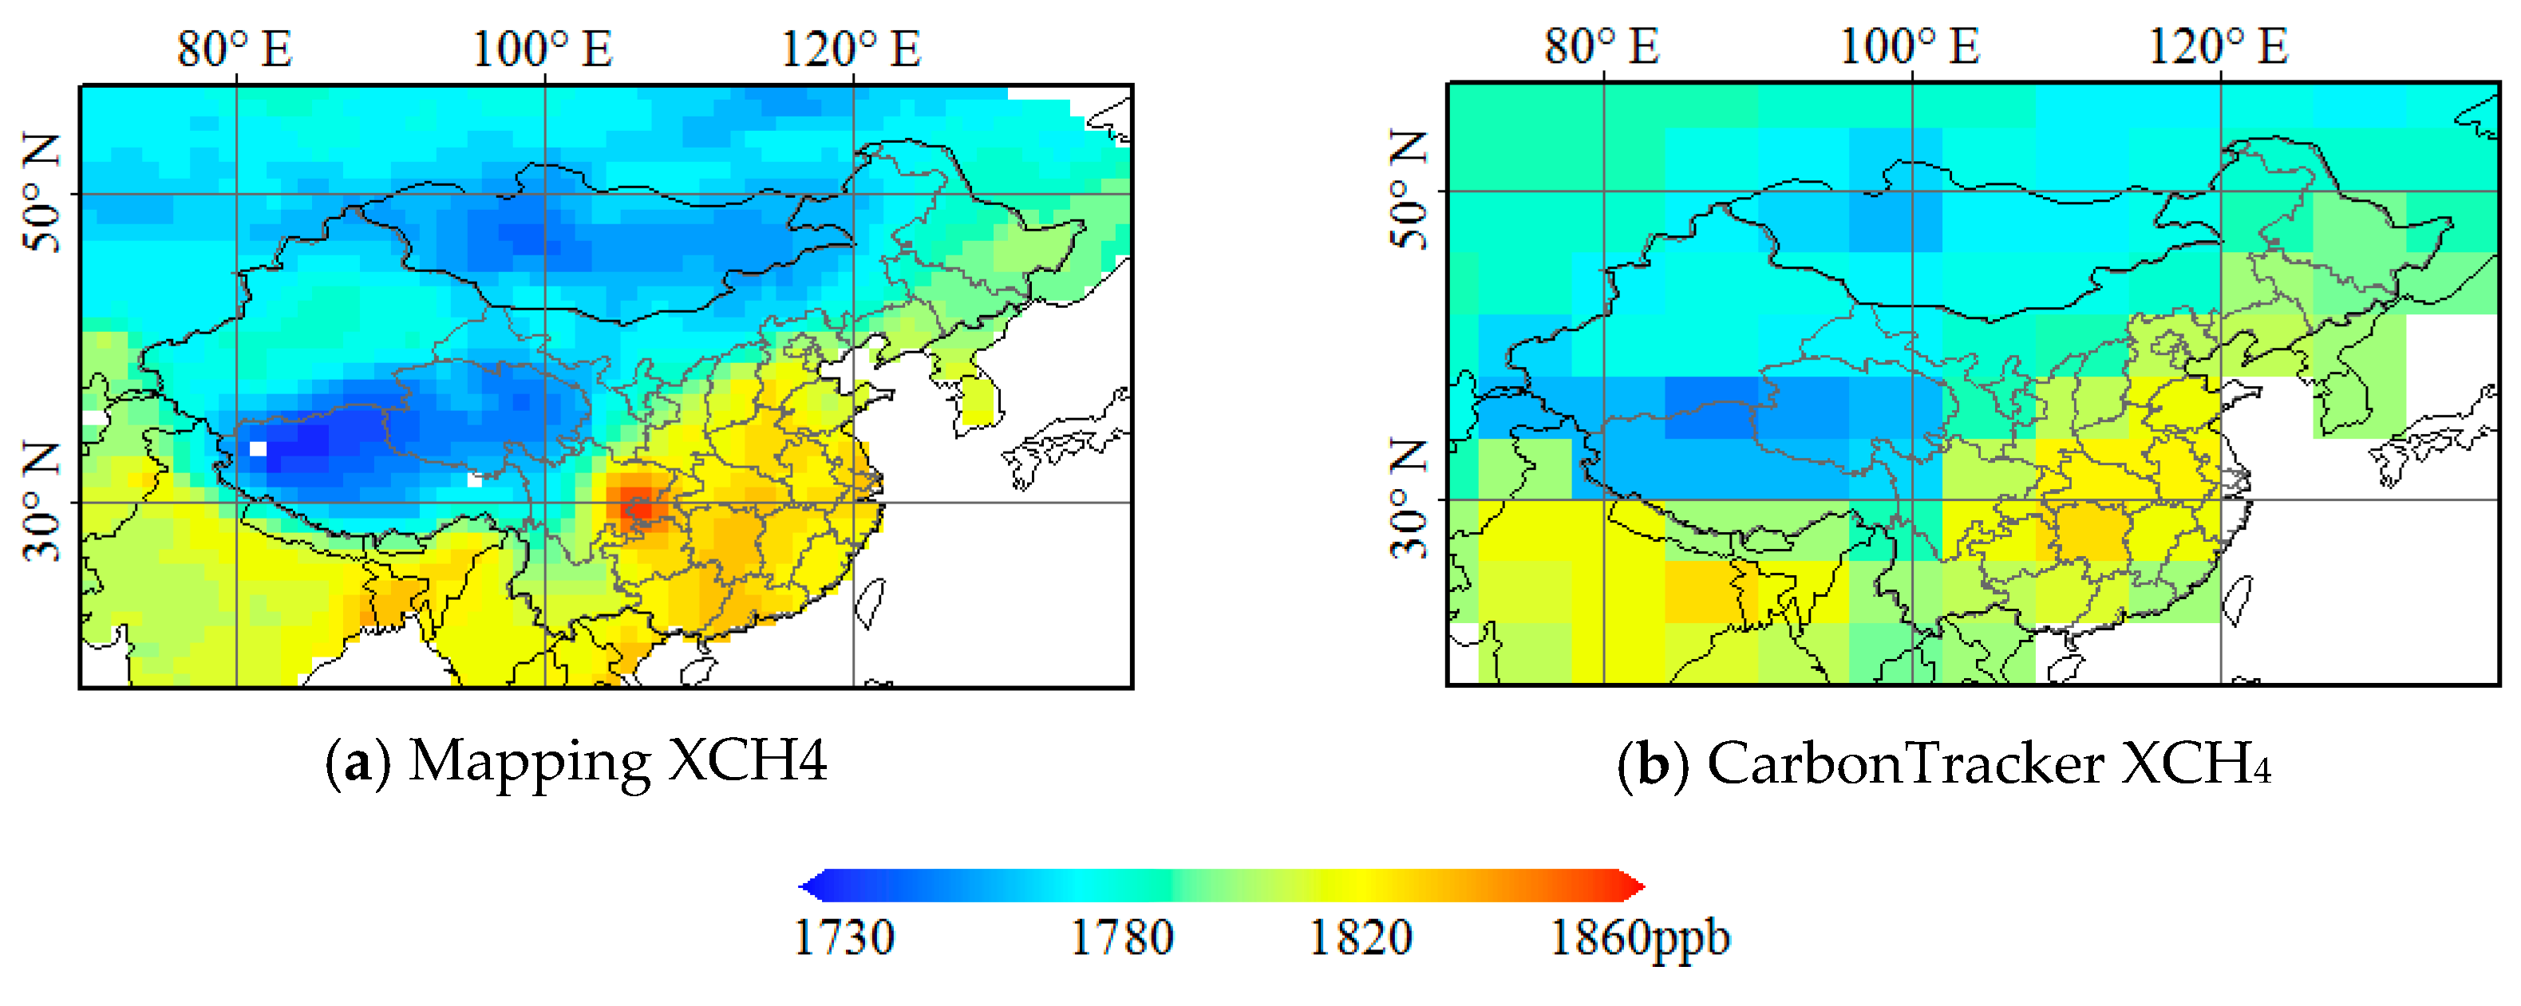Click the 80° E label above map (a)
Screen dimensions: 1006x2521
234,49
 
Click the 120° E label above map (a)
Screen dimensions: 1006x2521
851,49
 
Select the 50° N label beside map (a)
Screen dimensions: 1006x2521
42,194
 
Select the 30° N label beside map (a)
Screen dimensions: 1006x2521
42,502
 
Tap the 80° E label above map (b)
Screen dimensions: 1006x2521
1601,46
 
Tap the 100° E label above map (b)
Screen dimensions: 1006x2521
1910,46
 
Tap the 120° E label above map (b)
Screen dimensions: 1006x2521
2218,46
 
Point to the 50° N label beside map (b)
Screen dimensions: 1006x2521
1409,191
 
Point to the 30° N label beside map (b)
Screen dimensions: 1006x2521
1409,500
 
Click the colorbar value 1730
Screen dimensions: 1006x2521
843,937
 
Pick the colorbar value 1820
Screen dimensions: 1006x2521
1361,937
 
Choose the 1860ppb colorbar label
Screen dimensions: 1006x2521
1640,937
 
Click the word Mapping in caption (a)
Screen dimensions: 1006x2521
528,761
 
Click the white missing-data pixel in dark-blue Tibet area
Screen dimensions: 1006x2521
259,449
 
